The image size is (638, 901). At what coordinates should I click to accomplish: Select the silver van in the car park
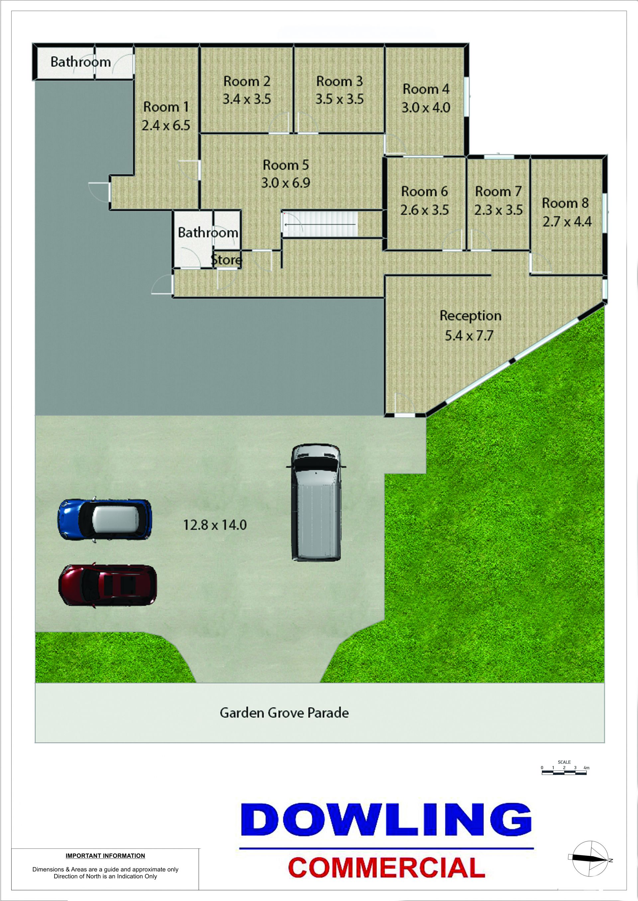316,502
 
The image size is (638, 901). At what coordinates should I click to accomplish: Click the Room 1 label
166,107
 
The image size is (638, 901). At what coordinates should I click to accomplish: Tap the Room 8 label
565,203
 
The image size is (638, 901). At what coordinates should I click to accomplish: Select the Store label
226,259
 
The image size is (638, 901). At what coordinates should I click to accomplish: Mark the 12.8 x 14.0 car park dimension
215,525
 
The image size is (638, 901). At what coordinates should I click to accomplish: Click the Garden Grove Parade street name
284,713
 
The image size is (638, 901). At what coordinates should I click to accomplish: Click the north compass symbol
590,860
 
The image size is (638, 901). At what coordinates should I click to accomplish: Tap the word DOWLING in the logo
386,820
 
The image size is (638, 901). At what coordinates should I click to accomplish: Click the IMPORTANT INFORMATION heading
105,856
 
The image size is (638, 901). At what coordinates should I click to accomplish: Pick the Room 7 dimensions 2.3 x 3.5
498,210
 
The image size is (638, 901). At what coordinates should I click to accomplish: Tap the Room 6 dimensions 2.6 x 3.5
424,210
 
